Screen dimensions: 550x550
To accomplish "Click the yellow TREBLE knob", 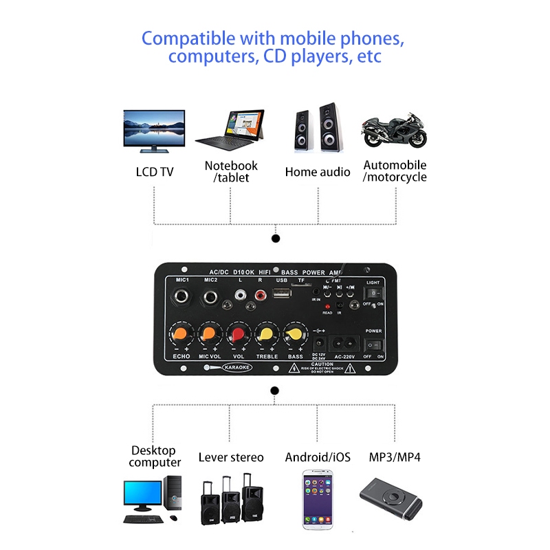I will coord(265,335).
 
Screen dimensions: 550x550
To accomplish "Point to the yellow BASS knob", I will coord(293,335).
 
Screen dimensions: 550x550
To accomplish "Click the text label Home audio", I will coord(318,172).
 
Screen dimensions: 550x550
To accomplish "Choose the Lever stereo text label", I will coord(231,457).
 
